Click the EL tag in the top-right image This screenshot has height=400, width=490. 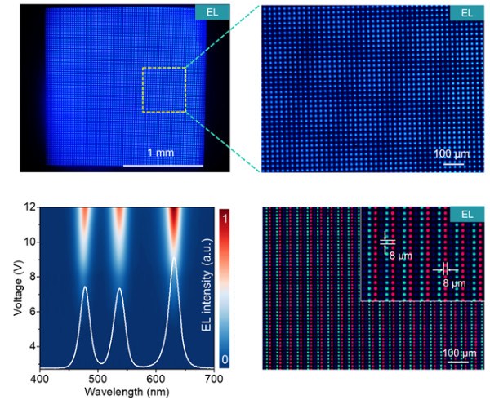[466, 12]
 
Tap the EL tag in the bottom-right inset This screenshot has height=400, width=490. [466, 214]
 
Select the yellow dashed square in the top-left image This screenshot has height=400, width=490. [163, 90]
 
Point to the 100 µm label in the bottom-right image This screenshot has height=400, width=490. [461, 353]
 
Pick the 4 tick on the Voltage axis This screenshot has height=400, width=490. [29, 348]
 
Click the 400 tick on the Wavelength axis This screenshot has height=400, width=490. [39, 380]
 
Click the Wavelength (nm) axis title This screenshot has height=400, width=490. [125, 392]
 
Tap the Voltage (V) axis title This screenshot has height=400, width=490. [9, 287]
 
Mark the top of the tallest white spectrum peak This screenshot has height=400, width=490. [172, 258]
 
